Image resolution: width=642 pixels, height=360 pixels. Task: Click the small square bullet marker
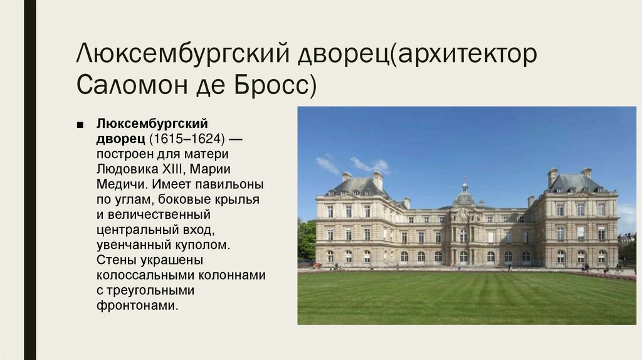[x=80, y=124]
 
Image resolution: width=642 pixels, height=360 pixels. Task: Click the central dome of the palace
[x=464, y=198]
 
